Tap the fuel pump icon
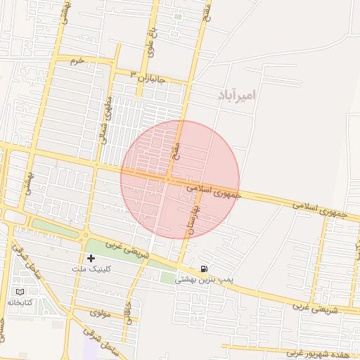204,268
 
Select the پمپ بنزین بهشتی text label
202,279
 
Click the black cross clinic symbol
91,258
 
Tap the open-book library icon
19,291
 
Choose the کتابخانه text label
21,302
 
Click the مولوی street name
101,313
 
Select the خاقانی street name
128,309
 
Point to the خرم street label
77,60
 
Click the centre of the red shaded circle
180,180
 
